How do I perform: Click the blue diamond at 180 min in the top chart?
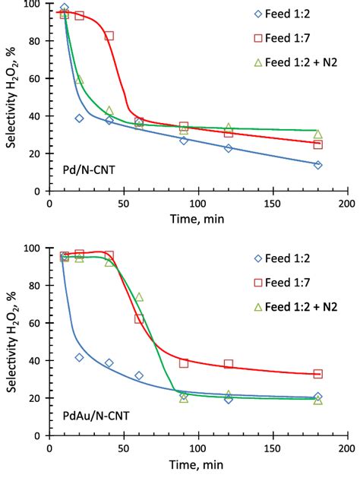pos(317,165)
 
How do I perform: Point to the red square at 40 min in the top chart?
pos(109,36)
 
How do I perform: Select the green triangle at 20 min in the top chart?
pos(80,80)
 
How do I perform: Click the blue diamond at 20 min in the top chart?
pos(79,119)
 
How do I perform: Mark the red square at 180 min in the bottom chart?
pos(317,374)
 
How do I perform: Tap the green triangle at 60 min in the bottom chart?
pos(139,297)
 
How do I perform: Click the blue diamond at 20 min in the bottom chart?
pos(79,357)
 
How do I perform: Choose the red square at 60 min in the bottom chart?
pos(139,318)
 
